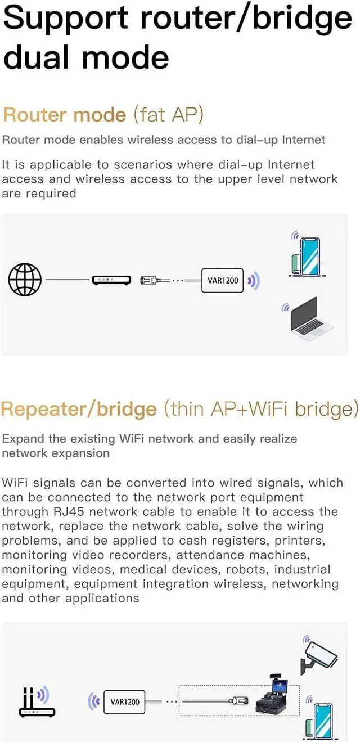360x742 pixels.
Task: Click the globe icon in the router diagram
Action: coord(25,279)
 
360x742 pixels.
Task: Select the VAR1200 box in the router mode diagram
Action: coord(223,280)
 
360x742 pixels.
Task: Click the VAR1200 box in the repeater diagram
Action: coord(125,701)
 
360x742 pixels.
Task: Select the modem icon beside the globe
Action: coord(111,280)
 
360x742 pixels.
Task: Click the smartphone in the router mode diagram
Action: coord(307,255)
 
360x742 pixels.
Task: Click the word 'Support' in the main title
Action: coord(67,19)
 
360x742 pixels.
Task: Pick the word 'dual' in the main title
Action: coord(38,57)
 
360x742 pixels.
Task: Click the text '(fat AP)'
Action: coord(168,115)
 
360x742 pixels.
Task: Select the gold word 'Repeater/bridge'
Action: coord(79,409)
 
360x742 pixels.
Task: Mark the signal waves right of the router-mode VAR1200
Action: coord(254,280)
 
